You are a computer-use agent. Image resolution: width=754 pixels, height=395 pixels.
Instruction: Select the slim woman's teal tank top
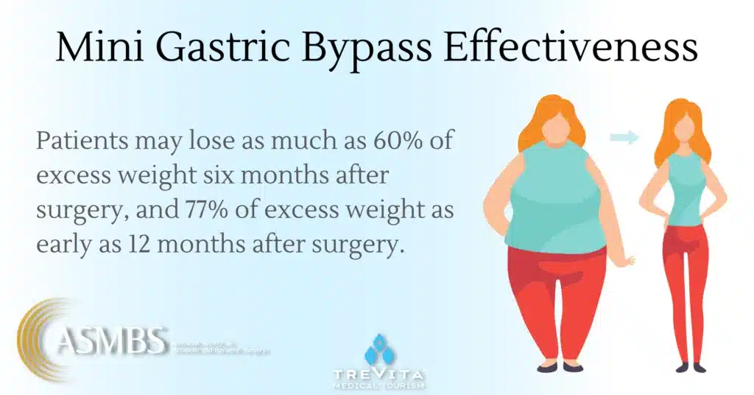coord(685,188)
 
